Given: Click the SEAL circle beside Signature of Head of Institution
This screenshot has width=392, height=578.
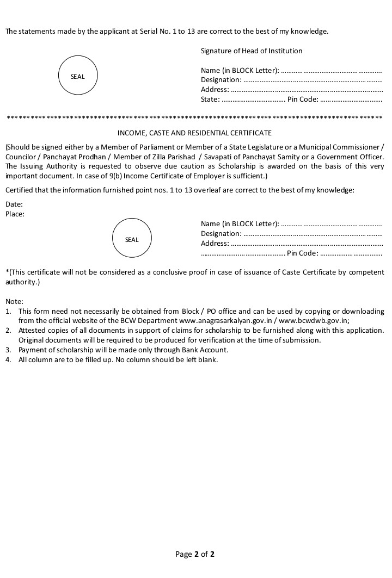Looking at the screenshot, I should point(78,77).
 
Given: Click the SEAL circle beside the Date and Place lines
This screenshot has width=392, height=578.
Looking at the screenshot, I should point(132,240).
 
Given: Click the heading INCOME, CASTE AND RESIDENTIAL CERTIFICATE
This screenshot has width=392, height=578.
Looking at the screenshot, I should point(194,133).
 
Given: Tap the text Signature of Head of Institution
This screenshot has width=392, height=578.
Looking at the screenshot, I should point(252,51).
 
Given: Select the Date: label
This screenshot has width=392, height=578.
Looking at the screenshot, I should point(14,204).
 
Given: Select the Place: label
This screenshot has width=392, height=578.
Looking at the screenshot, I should point(15,214).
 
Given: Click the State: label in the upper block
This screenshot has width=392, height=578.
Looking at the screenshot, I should point(210,100).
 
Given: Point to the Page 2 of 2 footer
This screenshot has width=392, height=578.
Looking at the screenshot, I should point(195,555).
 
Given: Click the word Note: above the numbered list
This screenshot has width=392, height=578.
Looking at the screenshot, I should point(15,301).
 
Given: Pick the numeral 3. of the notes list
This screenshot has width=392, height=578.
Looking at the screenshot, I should point(8,350).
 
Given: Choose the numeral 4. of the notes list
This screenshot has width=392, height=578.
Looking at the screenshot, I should point(8,360).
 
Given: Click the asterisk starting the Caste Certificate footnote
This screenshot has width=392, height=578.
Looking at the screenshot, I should point(7,271).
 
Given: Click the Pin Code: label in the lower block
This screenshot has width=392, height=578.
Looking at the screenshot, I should point(303,253).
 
